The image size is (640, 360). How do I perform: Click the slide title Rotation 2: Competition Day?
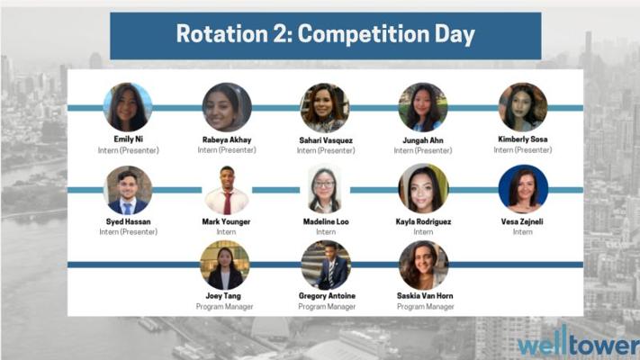[325, 34]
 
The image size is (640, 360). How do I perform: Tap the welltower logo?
[578, 342]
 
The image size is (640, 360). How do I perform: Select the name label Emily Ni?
[128, 139]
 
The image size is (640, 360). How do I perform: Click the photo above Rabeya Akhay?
[227, 107]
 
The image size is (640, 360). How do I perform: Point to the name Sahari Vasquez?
[326, 140]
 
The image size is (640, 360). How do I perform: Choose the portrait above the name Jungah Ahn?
[423, 107]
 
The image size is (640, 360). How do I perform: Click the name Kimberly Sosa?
[522, 139]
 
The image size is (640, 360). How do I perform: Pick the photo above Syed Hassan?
[128, 190]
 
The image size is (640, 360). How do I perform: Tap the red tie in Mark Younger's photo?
[228, 202]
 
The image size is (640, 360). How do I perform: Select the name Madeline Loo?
[326, 221]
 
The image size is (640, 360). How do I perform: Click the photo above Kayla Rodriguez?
[423, 189]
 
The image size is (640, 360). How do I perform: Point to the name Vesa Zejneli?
[522, 221]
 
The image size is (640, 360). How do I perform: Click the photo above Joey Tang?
[225, 265]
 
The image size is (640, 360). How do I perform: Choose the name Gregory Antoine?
[327, 296]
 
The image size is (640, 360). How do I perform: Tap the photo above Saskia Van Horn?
[424, 265]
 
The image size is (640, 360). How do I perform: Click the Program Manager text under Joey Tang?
[224, 307]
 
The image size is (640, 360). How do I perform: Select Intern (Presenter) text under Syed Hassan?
[128, 232]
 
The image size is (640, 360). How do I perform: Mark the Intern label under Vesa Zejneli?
[522, 232]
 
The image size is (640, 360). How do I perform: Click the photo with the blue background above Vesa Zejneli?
[523, 189]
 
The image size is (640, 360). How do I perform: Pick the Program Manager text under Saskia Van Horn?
[425, 307]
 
